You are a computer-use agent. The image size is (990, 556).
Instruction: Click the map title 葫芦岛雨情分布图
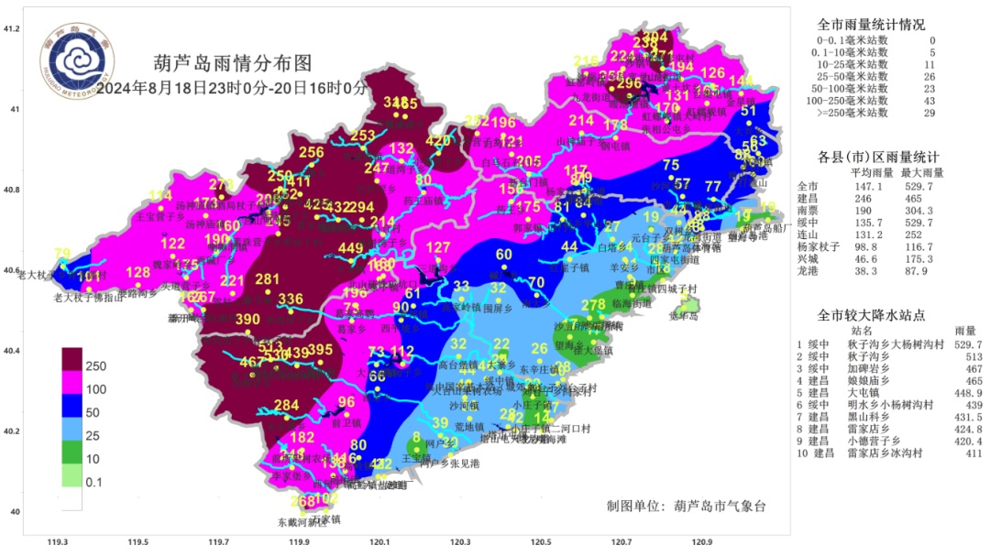pos(233,63)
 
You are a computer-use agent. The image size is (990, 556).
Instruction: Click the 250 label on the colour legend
pos(95,365)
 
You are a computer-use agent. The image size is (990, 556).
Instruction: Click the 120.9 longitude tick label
pos(702,542)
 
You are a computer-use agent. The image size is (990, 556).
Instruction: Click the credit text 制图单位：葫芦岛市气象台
pos(685,506)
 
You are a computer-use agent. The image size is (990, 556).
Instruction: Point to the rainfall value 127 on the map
pos(439,247)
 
